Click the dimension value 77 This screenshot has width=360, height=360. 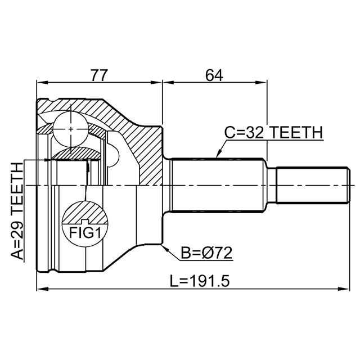[100, 74]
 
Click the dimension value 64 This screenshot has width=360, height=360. [214, 74]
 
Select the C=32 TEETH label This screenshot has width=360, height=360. [273, 133]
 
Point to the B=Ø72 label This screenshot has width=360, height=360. [206, 254]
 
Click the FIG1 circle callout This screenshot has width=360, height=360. [84, 223]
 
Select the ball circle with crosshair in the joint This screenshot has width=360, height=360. [70, 128]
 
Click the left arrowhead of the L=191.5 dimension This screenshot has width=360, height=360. [39, 290]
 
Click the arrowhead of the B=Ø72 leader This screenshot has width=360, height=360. [164, 246]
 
